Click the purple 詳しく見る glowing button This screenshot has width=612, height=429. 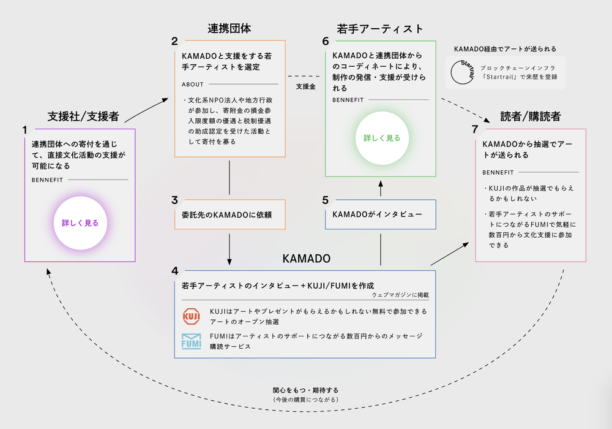click(80, 223)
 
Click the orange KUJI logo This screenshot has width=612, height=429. click(192, 316)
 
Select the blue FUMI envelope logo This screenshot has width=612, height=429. click(192, 341)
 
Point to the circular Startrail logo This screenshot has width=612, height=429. click(463, 72)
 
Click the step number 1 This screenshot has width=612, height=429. click(25, 130)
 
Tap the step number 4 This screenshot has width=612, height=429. click(175, 271)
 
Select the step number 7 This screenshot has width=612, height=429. click(475, 129)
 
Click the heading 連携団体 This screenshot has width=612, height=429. click(229, 29)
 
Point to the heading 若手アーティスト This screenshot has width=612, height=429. click(380, 29)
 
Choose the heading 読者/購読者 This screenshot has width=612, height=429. click(530, 116)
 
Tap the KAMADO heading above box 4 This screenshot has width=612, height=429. click(306, 259)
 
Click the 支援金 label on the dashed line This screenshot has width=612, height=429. click(305, 87)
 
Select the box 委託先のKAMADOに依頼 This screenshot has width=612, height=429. click(229, 214)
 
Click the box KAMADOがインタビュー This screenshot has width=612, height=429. click(380, 214)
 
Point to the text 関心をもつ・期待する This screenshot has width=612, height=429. click(305, 390)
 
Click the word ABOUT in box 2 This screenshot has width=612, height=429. click(193, 84)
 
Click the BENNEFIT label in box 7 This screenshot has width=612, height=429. click(498, 172)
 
